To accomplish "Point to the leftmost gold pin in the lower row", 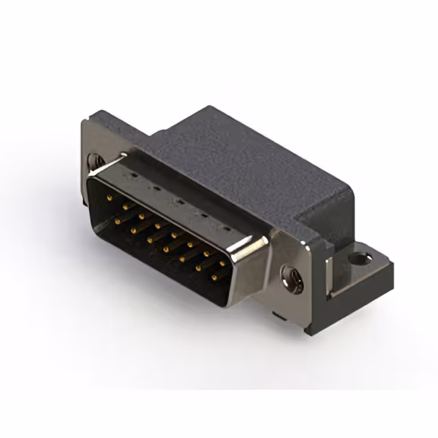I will tap(118, 221).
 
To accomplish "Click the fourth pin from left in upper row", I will tap(159, 224).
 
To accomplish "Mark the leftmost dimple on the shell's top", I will tap(134, 175).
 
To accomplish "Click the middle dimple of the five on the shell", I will tap(177, 201).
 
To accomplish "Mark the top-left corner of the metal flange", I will tap(84, 123).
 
